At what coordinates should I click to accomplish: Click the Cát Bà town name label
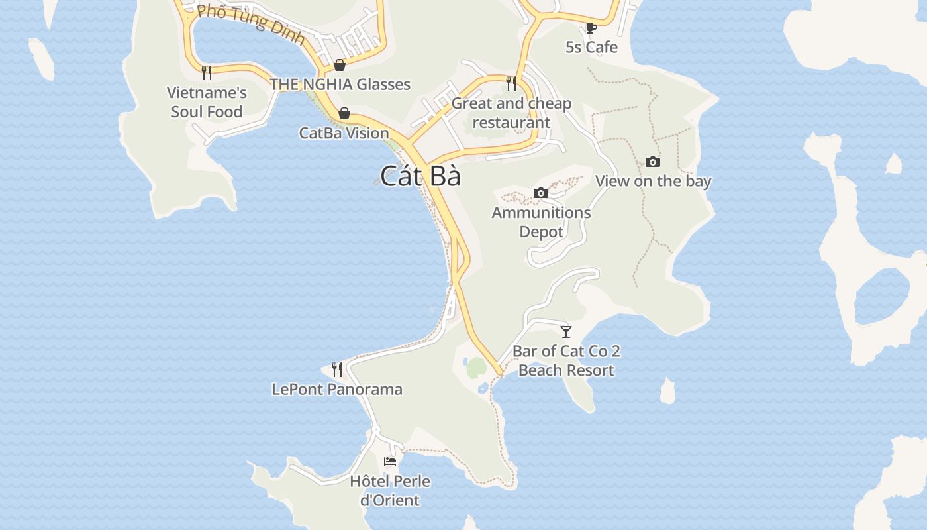click(420, 176)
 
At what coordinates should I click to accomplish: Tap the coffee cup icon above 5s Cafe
click(591, 28)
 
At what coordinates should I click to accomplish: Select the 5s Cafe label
click(591, 47)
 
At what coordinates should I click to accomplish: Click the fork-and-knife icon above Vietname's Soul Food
click(207, 72)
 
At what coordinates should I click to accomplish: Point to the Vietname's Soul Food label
click(207, 102)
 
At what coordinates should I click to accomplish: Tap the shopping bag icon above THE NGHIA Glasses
click(340, 65)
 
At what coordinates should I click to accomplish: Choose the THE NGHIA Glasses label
click(340, 84)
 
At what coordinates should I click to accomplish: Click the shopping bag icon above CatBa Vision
click(344, 113)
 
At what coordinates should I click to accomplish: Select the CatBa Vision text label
click(344, 132)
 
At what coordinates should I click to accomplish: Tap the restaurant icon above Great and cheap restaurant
click(511, 83)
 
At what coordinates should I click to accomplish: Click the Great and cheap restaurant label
click(511, 113)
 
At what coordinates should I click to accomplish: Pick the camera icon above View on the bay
click(653, 162)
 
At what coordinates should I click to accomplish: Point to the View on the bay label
click(653, 181)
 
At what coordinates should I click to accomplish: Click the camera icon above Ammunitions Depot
click(541, 193)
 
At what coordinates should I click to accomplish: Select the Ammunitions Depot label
click(541, 222)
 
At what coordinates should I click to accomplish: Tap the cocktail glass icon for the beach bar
click(566, 331)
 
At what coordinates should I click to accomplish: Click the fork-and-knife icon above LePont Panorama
click(337, 369)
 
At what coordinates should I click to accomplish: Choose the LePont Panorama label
click(337, 388)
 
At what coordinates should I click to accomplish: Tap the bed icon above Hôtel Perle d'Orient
click(391, 461)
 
